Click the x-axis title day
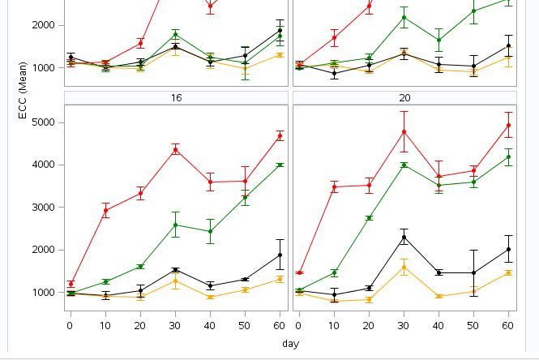coord(290,343)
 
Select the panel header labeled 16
coord(176,97)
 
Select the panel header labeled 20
coord(404,97)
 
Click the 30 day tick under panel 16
coord(176,325)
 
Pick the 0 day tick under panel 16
coord(71,325)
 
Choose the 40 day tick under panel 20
coord(439,325)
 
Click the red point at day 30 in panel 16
coord(176,150)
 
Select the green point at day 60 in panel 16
coord(280,165)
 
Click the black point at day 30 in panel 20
coord(404,238)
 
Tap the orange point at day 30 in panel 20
coord(404,267)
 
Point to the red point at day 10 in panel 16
coord(105,211)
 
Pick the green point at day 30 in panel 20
coord(404,165)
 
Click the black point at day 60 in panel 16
coord(280,255)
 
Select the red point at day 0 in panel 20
coord(300,273)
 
